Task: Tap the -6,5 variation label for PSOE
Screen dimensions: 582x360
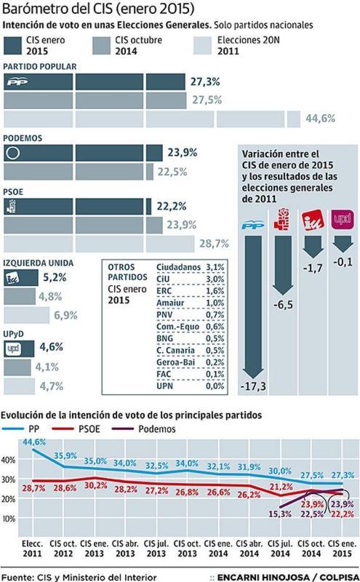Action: click(283, 306)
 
